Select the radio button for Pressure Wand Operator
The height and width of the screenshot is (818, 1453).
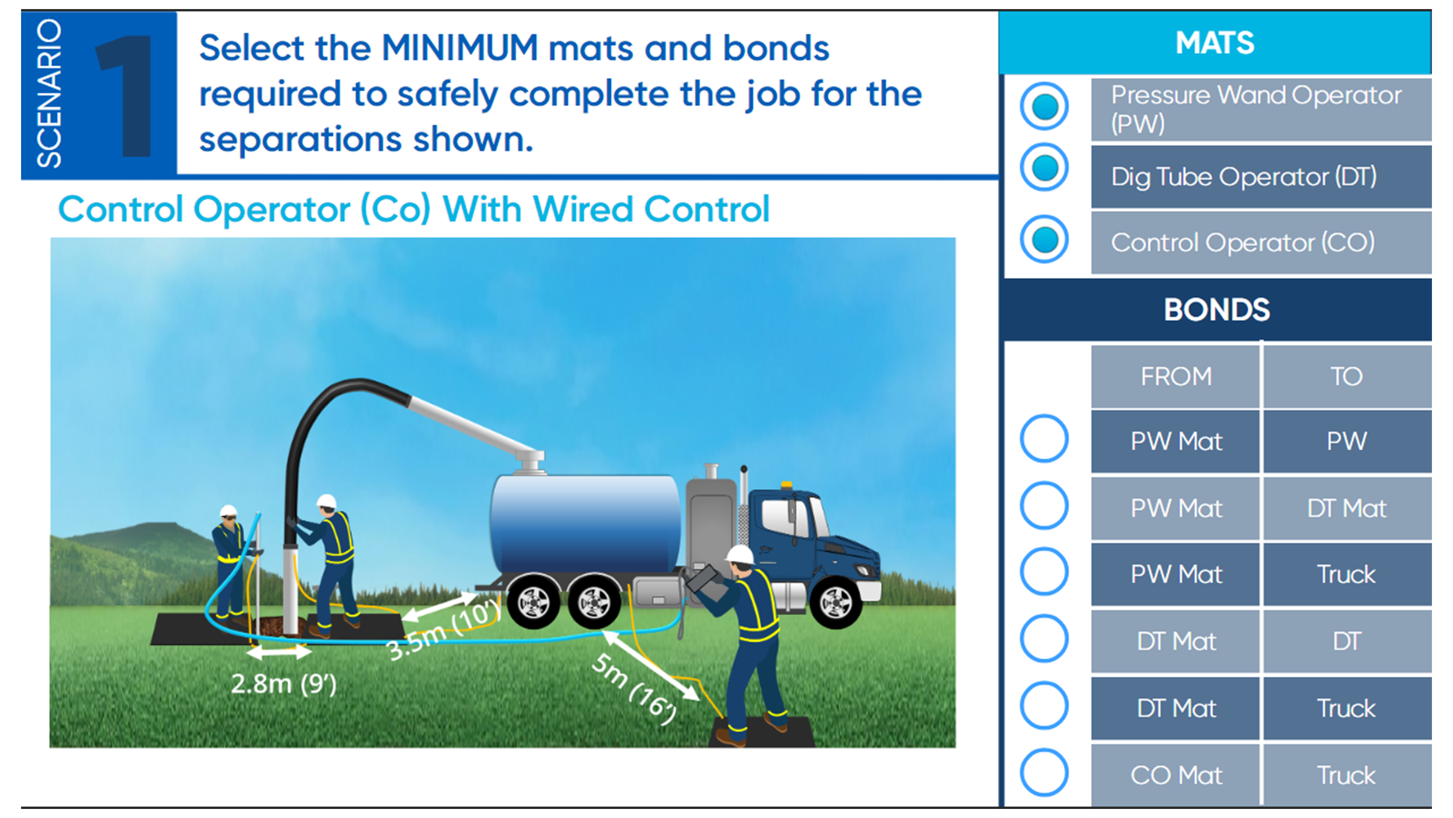coord(1044,107)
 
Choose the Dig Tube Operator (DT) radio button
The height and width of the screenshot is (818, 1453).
coord(1044,168)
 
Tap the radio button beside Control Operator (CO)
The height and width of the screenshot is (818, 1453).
coord(1044,239)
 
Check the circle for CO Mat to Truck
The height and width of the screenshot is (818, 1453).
coord(1044,772)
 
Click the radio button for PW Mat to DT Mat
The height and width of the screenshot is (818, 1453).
coord(1044,505)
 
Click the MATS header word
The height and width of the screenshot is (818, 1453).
coord(1215,43)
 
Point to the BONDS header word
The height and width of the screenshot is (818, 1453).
coord(1217,309)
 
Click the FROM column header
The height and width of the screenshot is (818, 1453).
coord(1176,376)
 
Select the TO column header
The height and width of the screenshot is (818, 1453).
coord(1347,376)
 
